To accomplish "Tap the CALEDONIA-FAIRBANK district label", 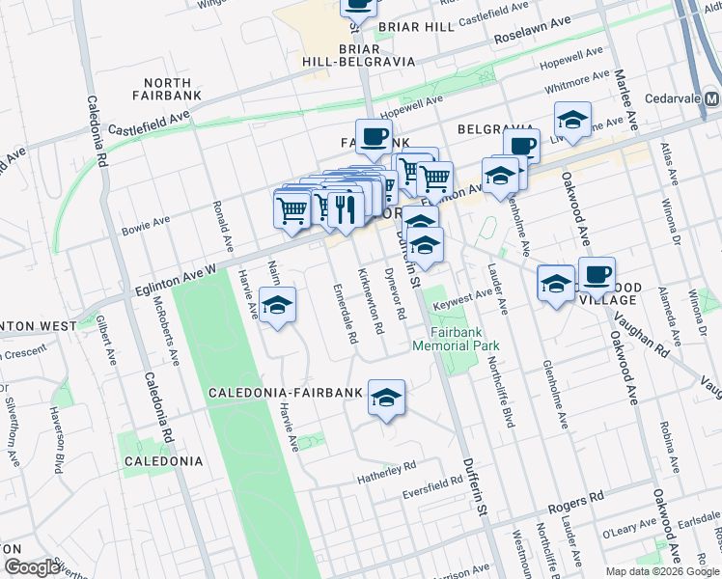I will click(x=286, y=393).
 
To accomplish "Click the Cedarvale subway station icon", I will click(x=711, y=99).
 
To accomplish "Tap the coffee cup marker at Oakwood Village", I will click(x=597, y=275).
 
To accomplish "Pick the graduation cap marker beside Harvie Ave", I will click(x=278, y=306).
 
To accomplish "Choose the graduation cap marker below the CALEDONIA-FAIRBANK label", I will click(x=386, y=399).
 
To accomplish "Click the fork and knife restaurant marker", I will click(x=345, y=208).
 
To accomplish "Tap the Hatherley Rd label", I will click(x=384, y=465).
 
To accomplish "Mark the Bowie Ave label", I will click(x=146, y=228).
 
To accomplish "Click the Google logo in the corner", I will click(x=32, y=567).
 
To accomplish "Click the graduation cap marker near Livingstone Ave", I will click(x=572, y=122).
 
